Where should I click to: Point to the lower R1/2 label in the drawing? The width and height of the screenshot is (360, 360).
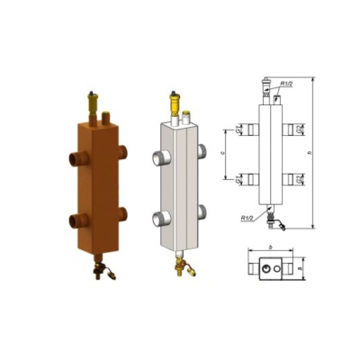click(x=247, y=216)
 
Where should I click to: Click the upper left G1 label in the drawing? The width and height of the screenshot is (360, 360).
click(x=238, y=130)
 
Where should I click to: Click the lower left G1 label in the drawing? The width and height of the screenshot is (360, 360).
click(x=238, y=179)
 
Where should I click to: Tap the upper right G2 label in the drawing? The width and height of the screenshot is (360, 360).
click(x=300, y=130)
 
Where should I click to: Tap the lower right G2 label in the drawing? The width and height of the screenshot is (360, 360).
click(x=300, y=179)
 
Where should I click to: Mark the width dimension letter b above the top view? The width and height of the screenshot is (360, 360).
click(x=269, y=246)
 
